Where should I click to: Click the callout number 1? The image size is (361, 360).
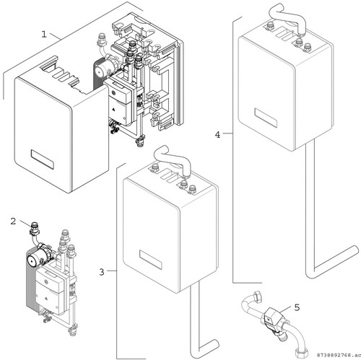(x=44, y=34)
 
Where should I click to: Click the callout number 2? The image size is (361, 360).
(x=13, y=221)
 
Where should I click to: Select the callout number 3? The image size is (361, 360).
(x=102, y=272)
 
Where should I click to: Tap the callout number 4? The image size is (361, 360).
(x=217, y=135)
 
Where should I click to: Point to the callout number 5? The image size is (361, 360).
(x=297, y=307)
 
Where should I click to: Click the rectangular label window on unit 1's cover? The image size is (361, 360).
(x=43, y=159)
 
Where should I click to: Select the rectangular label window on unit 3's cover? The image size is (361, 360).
(x=151, y=259)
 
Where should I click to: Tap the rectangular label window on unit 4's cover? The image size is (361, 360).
(x=266, y=118)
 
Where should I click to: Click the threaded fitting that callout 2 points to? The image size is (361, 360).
(x=35, y=229)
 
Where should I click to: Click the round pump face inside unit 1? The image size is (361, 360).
(x=99, y=71)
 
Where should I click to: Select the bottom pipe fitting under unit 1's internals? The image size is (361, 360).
(x=140, y=141)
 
